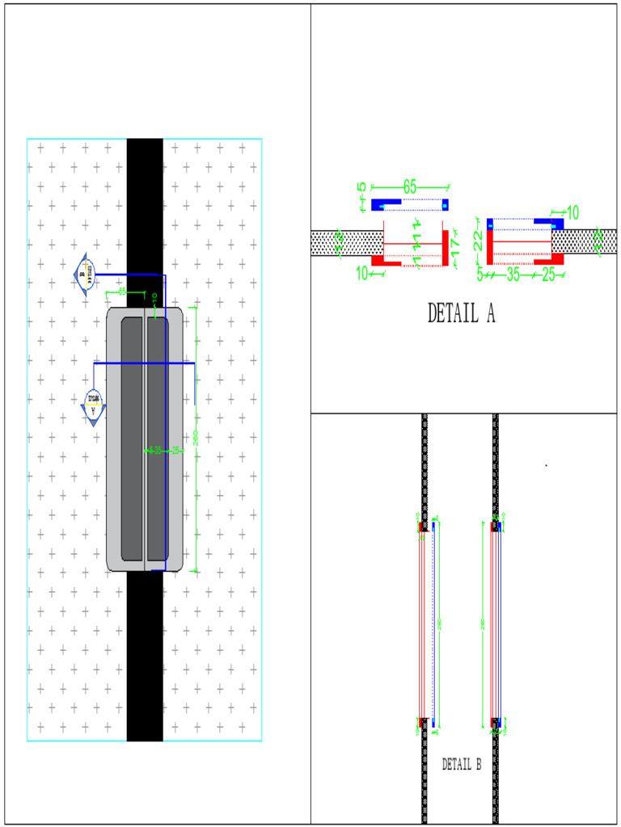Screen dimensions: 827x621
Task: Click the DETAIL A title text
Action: (x=461, y=313)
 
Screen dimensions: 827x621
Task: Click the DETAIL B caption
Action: (x=461, y=764)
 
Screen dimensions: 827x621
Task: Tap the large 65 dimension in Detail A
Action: (x=410, y=187)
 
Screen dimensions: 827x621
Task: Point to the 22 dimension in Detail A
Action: (x=478, y=241)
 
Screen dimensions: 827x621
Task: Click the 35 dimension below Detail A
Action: (x=512, y=275)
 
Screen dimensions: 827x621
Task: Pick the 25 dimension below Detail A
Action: (x=548, y=275)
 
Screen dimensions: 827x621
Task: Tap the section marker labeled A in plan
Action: (x=95, y=403)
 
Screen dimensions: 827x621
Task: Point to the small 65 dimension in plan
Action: (x=122, y=292)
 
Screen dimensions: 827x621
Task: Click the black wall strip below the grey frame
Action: (x=145, y=654)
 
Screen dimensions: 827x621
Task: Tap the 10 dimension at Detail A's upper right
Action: (x=572, y=213)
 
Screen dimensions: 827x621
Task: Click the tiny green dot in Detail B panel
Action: (x=547, y=465)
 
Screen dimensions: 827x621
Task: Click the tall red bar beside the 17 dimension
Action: (x=445, y=246)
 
